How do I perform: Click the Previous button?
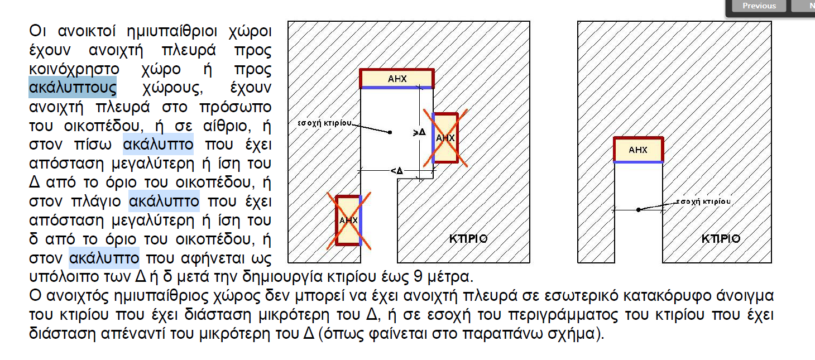pyautogui.click(x=759, y=6)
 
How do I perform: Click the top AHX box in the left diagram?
pyautogui.click(x=396, y=79)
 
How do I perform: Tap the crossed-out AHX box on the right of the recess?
pyautogui.click(x=445, y=138)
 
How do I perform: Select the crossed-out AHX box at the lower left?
pyautogui.click(x=348, y=220)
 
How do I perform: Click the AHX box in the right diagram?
pyautogui.click(x=638, y=150)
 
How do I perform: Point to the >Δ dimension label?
pyautogui.click(x=420, y=132)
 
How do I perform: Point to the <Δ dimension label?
pyautogui.click(x=396, y=171)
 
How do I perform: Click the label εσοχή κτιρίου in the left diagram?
pyautogui.click(x=324, y=123)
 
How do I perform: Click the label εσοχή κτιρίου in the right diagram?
pyautogui.click(x=703, y=201)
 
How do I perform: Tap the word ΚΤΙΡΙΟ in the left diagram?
pyautogui.click(x=468, y=238)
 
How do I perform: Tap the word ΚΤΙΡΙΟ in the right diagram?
pyautogui.click(x=721, y=238)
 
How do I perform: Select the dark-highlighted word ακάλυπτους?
pyautogui.click(x=73, y=87)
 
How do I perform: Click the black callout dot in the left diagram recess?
pyautogui.click(x=390, y=132)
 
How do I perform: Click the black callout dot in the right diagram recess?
pyautogui.click(x=638, y=210)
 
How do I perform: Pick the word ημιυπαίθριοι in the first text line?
pyautogui.click(x=172, y=31)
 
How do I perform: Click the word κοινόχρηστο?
pyautogui.click(x=74, y=69)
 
